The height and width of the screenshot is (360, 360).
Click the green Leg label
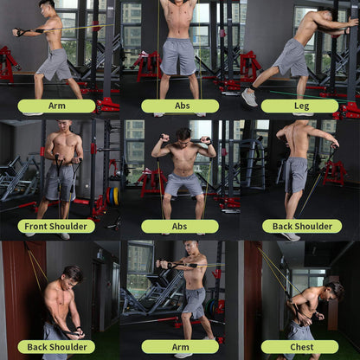coord(300,106)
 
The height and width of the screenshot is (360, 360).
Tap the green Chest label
coord(300,346)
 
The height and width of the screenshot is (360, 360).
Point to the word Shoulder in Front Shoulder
coord(70,226)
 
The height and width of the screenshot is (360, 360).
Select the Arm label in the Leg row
coord(56,106)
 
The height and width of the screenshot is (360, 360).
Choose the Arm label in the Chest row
coord(179,346)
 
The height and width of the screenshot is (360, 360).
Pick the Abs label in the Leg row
coord(179,106)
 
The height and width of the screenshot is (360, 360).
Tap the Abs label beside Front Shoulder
coord(179,226)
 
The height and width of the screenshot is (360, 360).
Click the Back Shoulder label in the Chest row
coord(56,346)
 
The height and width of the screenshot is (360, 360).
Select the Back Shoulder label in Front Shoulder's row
coord(300,226)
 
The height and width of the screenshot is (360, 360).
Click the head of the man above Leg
coord(326,18)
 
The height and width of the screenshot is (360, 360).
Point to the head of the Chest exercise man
coord(332,290)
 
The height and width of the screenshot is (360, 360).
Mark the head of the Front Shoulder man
coord(66,129)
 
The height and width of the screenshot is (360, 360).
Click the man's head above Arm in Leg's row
coord(48,8)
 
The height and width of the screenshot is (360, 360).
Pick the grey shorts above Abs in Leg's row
coord(179,55)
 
